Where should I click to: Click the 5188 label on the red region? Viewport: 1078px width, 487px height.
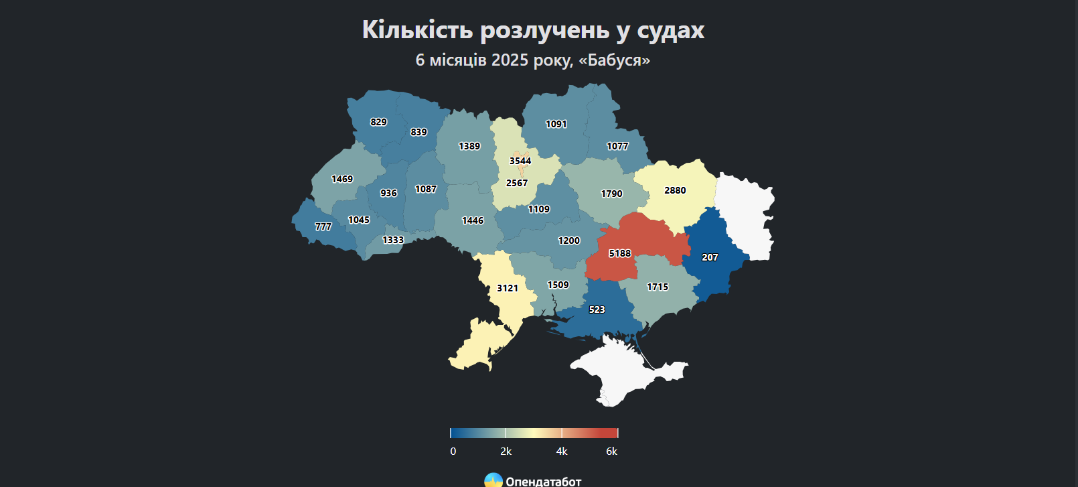coord(619,253)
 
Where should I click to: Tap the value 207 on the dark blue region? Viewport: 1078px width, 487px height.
coord(710,257)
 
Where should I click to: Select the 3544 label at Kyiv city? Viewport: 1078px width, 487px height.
coord(520,161)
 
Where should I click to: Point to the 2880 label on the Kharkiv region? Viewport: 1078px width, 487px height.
coord(675,190)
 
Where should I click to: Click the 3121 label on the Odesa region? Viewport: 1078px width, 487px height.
coord(508,288)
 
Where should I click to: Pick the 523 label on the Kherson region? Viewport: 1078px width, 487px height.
coord(597,309)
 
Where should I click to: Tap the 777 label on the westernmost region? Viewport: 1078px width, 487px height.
coord(323,226)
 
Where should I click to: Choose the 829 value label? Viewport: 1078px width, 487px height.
coord(378,122)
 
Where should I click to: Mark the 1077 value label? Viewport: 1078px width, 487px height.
coord(617,146)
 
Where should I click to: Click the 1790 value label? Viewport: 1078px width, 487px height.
coord(611,194)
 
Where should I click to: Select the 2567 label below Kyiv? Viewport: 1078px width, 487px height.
coord(517,183)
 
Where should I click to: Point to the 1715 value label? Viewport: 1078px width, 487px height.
coord(658,287)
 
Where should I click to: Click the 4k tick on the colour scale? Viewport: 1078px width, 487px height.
coord(562,451)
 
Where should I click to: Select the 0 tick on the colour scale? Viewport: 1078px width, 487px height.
coord(453,451)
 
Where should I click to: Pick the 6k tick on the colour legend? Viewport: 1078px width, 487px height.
coord(611,451)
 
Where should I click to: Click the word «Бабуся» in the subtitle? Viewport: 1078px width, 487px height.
coord(614,60)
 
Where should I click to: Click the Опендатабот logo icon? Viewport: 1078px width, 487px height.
coord(493,480)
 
